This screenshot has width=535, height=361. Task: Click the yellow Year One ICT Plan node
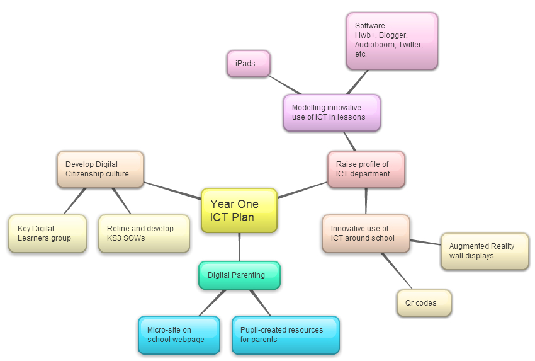(239, 210)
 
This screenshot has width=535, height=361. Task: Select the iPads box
(248, 64)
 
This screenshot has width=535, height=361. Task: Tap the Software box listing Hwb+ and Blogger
(391, 40)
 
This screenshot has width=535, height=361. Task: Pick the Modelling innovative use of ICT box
(332, 113)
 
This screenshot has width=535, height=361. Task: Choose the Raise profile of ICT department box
(366, 169)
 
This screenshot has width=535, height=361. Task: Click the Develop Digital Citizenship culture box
(100, 169)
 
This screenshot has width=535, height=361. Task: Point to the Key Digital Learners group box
(47, 234)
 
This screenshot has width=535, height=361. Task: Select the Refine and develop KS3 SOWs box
(144, 234)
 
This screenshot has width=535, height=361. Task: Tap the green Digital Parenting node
(239, 275)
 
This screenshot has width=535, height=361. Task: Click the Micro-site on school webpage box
(179, 335)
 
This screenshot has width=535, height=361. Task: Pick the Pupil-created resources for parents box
(285, 335)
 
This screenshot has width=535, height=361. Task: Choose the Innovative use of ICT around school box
(366, 234)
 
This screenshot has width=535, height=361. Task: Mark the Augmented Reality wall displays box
(485, 251)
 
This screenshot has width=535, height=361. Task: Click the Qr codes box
(424, 303)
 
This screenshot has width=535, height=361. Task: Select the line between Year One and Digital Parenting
(239, 247)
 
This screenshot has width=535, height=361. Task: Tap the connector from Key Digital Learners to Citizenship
(74, 201)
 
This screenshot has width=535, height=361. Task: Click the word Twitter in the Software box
(410, 45)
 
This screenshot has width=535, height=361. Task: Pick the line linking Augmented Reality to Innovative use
(425, 243)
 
